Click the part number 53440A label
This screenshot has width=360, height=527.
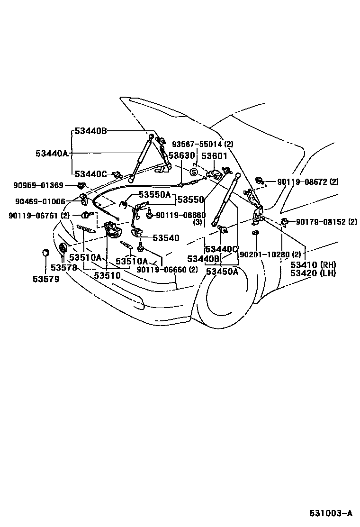pos(52,153)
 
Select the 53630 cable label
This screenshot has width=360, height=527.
pos(181,155)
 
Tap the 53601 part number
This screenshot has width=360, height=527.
pos(215,155)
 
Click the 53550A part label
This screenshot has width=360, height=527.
pos(154,195)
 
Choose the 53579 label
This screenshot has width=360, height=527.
pos(46,279)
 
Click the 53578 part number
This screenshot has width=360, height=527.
pos(64,268)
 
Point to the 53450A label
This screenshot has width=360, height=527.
pos(222,271)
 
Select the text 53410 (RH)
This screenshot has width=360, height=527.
pos(313,264)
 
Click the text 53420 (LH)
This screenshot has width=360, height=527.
pos(313,273)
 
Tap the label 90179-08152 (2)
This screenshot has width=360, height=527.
pos(327,221)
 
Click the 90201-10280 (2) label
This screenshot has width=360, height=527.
pos(270,254)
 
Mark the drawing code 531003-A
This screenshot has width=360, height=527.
pos(331,513)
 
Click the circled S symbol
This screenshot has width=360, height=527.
pos(194,171)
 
